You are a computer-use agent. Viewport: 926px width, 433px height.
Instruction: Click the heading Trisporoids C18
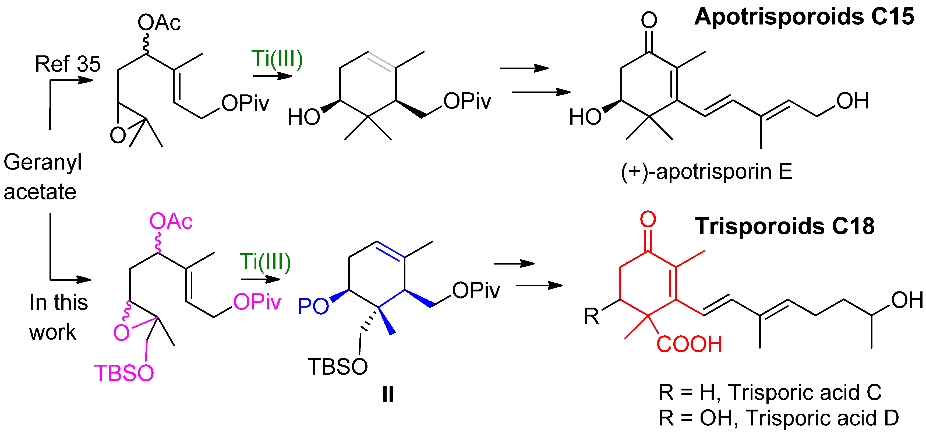tap(784, 226)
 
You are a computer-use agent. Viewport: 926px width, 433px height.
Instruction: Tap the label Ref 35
tap(68, 64)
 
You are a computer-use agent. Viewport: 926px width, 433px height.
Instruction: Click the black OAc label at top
tap(159, 23)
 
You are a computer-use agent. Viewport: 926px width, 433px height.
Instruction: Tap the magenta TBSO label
tap(124, 373)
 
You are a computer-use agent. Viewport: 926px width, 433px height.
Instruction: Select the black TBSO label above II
tap(338, 367)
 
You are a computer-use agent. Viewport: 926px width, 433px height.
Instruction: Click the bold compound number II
tap(388, 395)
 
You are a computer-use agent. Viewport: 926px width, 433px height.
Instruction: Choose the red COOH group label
tap(689, 344)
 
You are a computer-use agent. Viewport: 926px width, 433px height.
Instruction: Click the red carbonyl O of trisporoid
tap(648, 219)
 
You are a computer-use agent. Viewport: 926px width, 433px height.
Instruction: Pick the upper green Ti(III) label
tap(277, 59)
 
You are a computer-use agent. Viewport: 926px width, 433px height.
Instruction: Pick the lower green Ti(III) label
tap(265, 262)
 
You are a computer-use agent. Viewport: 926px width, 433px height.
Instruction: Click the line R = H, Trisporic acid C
tap(770, 392)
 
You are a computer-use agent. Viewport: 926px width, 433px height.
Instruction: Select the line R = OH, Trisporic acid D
tap(779, 418)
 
